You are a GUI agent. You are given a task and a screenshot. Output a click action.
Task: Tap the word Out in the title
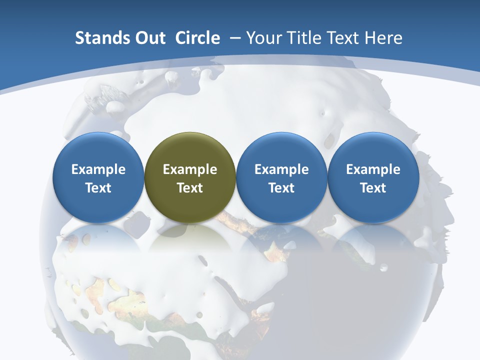(149, 38)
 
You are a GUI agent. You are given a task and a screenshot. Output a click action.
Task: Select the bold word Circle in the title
(197, 38)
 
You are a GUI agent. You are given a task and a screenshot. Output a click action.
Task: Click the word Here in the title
(383, 38)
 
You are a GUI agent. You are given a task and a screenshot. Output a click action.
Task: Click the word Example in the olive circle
(190, 169)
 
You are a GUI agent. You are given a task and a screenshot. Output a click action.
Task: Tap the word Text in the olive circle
(190, 188)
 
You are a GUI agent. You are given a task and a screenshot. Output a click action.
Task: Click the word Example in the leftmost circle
(98, 169)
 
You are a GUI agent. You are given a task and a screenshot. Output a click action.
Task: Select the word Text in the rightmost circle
(373, 188)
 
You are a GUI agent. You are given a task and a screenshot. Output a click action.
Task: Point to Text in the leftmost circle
(98, 188)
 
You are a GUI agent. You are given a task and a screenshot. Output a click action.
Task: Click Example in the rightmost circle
(373, 169)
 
